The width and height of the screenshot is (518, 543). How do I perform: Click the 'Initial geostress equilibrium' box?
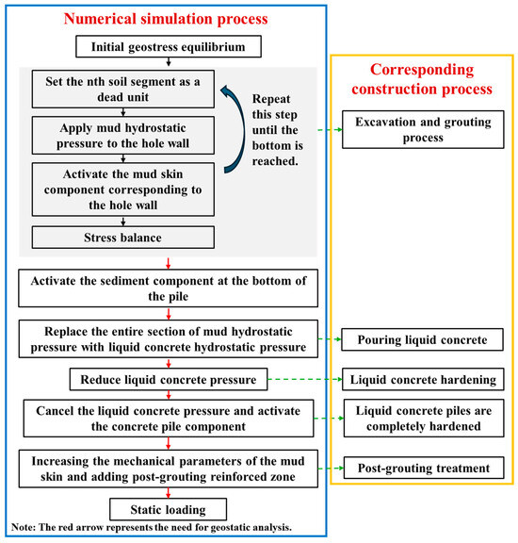coord(166,47)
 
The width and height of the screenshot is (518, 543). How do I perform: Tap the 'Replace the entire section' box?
coord(166,337)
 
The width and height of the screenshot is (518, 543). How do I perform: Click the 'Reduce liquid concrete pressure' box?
coord(166,380)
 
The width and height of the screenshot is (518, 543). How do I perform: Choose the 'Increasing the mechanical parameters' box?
coord(166,467)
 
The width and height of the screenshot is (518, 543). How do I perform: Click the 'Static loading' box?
coord(166,510)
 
